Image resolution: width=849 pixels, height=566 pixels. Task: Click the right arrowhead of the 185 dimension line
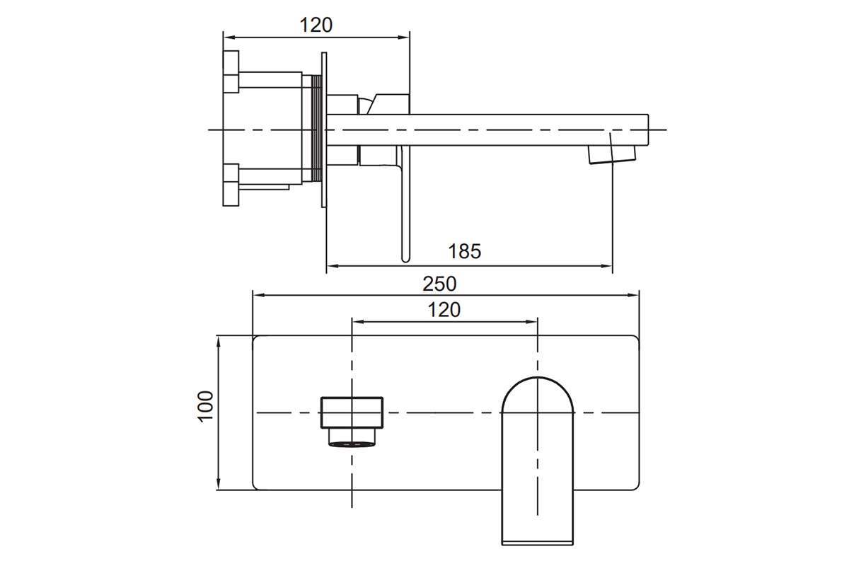tap(607, 266)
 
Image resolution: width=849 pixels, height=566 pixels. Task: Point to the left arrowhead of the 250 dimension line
tap(258, 295)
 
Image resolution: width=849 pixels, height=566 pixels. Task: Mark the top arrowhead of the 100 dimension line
tap(219, 341)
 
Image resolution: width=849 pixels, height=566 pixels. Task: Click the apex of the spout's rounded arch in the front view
tap(538, 377)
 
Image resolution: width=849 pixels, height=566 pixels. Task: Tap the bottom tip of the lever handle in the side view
tap(405, 261)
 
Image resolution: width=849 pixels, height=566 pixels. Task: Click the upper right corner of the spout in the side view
tap(648, 115)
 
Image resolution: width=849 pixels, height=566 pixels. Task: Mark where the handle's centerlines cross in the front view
tap(352, 412)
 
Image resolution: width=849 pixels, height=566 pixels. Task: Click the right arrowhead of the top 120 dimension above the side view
tap(404, 37)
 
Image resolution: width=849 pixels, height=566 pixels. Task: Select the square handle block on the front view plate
tap(352, 413)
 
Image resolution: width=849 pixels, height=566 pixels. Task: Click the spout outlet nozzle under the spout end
tap(612, 155)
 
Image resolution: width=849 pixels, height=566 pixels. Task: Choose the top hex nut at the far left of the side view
tap(231, 71)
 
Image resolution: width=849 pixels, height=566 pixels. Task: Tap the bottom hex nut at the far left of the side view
tap(231, 185)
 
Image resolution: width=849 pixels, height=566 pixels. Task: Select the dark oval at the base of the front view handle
tap(352, 444)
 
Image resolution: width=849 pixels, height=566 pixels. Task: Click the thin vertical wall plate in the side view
tap(324, 130)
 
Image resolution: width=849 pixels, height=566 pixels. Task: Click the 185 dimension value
tap(465, 251)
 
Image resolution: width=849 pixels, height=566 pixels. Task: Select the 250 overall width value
tap(439, 284)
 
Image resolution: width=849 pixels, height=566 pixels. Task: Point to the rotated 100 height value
tap(206, 406)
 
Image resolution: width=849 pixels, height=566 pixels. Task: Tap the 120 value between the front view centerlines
tap(444, 310)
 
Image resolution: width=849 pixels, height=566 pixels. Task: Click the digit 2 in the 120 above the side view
tap(316, 25)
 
